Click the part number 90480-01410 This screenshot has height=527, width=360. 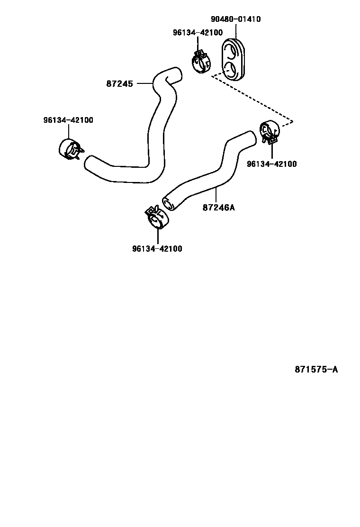[x=235, y=19]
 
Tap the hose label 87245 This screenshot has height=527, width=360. [x=119, y=83]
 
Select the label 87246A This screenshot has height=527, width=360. [x=218, y=208]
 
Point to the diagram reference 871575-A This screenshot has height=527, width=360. [x=316, y=370]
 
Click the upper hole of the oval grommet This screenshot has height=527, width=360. [x=232, y=48]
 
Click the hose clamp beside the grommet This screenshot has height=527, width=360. [x=201, y=62]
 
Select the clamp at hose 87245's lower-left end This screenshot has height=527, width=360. [x=70, y=149]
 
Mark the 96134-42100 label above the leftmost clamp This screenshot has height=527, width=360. [x=68, y=120]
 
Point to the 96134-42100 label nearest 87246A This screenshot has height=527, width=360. [x=272, y=164]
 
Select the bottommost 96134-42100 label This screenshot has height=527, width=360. [x=157, y=248]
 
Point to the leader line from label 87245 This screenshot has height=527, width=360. [x=144, y=83]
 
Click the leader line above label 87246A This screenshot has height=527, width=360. [x=216, y=195]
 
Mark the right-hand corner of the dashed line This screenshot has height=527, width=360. [x=293, y=122]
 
